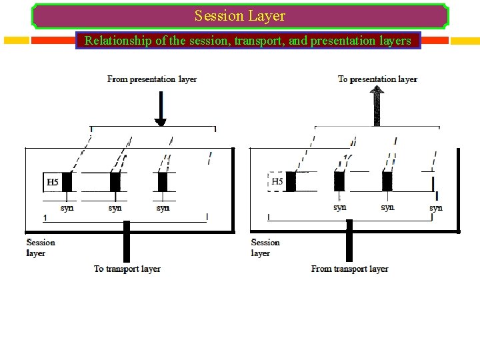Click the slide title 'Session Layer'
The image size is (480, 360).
click(240, 16)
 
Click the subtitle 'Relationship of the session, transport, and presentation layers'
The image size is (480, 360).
click(248, 41)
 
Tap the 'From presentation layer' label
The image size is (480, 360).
click(152, 79)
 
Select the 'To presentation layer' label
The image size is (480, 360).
click(377, 79)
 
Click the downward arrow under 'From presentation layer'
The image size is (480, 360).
click(160, 109)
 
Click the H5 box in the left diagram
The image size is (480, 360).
click(53, 182)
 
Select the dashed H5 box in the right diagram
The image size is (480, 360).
click(277, 181)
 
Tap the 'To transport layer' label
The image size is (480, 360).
click(127, 269)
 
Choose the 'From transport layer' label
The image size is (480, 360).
click(349, 269)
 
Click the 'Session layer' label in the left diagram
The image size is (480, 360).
click(41, 247)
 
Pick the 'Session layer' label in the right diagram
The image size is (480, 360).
click(265, 247)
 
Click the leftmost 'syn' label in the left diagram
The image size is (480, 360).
click(67, 208)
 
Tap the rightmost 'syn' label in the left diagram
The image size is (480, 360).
click(163, 208)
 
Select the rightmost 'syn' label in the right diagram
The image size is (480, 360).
click(435, 208)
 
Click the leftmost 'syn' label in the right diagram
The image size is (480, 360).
click(340, 207)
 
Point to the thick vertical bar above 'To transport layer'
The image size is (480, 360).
click(126, 243)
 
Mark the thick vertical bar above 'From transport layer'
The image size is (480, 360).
click(349, 243)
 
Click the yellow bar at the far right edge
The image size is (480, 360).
click(465, 41)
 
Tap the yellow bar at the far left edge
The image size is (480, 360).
click(16, 40)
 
